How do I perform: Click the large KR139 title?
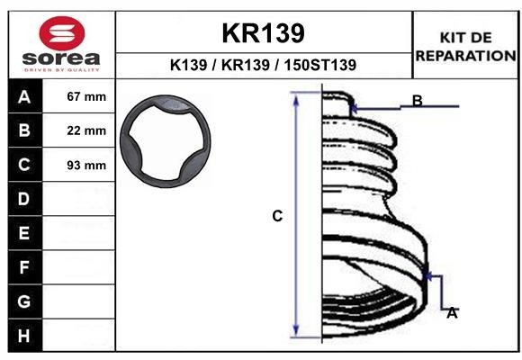pyautogui.click(x=263, y=33)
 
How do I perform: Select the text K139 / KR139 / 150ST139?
pyautogui.click(x=263, y=65)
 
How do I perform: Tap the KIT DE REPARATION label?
pyautogui.click(x=465, y=46)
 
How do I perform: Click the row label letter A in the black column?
pyautogui.click(x=23, y=97)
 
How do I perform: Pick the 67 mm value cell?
pyautogui.click(x=86, y=97)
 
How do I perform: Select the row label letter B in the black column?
pyautogui.click(x=23, y=131)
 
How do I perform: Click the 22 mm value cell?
pyautogui.click(x=86, y=131)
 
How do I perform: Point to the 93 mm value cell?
pyautogui.click(x=86, y=166)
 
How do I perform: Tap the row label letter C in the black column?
pyautogui.click(x=23, y=166)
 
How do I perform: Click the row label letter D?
pyautogui.click(x=23, y=199)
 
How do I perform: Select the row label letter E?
pyautogui.click(x=23, y=233)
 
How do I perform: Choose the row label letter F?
pyautogui.click(x=23, y=267)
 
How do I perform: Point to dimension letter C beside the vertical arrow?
pyautogui.click(x=278, y=216)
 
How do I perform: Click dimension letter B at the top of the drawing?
pyautogui.click(x=418, y=100)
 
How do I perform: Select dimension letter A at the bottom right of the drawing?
pyautogui.click(x=452, y=312)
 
